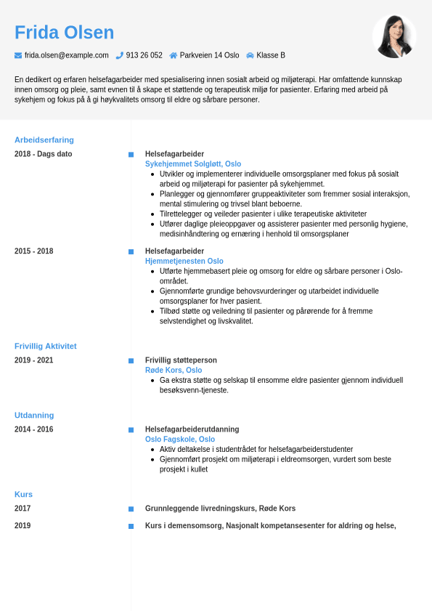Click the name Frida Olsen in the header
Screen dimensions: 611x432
(x=65, y=33)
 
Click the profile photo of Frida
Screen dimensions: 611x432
(x=394, y=36)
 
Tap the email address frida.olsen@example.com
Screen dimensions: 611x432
(x=66, y=55)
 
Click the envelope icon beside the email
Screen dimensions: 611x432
(x=18, y=55)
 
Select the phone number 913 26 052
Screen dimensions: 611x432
(x=144, y=55)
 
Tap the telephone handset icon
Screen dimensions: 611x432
(x=119, y=55)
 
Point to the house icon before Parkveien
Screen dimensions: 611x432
(x=174, y=55)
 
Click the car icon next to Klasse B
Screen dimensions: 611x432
(x=250, y=55)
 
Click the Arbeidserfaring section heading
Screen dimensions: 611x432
(x=44, y=139)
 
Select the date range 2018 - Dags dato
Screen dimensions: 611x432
(x=44, y=154)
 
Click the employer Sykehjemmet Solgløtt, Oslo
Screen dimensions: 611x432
(x=193, y=164)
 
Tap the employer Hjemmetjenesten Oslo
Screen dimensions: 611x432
(x=184, y=261)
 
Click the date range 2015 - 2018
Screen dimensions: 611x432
(x=33, y=251)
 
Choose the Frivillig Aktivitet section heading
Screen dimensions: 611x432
(x=46, y=346)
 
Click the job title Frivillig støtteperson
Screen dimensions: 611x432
(x=181, y=360)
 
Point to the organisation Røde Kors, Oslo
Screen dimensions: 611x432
(x=174, y=370)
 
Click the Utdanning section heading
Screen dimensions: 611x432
(x=34, y=415)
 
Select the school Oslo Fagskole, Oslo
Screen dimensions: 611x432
(x=180, y=439)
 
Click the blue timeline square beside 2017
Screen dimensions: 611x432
(x=131, y=509)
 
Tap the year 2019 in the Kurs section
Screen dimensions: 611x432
(x=23, y=526)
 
